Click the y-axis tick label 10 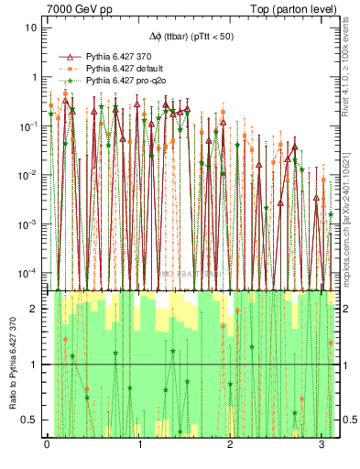30,27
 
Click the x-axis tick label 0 48,445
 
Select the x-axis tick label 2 230,445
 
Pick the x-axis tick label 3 321,445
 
